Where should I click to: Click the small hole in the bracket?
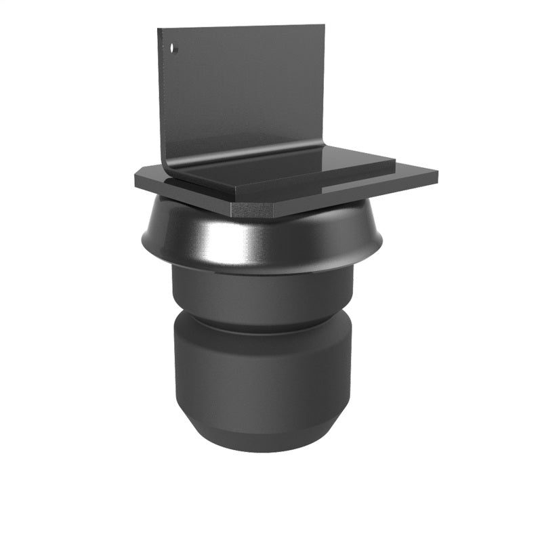(173, 49)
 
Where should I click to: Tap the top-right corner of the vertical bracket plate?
(325, 26)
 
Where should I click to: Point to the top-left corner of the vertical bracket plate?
(159, 30)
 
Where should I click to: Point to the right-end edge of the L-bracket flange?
(395, 163)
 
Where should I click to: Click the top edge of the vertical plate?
(241, 28)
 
